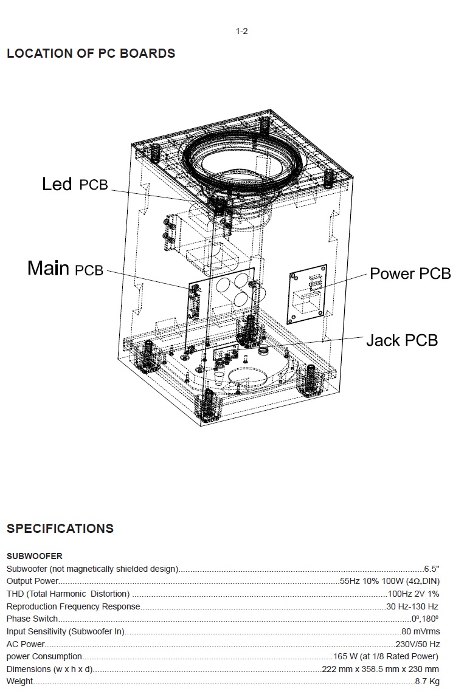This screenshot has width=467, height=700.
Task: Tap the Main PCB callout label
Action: (x=66, y=268)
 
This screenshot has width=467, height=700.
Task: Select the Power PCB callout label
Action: (x=410, y=273)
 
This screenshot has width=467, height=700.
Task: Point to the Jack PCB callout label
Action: (x=401, y=340)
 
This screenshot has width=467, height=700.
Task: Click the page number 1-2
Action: (x=241, y=32)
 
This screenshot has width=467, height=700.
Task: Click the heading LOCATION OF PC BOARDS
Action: (x=91, y=53)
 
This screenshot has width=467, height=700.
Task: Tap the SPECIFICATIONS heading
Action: (x=60, y=528)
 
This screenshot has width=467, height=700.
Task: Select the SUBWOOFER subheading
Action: (x=34, y=556)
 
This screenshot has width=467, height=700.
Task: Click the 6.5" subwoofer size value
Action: (x=432, y=569)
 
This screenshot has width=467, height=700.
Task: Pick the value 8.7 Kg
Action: (x=427, y=681)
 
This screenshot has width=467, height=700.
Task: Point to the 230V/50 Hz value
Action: (x=417, y=644)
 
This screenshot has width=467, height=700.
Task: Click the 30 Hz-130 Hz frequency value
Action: (x=412, y=606)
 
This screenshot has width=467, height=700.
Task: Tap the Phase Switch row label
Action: (x=32, y=619)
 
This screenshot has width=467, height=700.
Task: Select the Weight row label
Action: (x=19, y=681)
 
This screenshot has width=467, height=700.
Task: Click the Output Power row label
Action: (x=32, y=582)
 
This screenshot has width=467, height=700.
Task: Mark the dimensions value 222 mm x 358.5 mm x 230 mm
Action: (x=380, y=669)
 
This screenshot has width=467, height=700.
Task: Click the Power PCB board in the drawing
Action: (x=307, y=293)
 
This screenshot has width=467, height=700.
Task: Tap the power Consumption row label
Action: (x=44, y=656)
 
